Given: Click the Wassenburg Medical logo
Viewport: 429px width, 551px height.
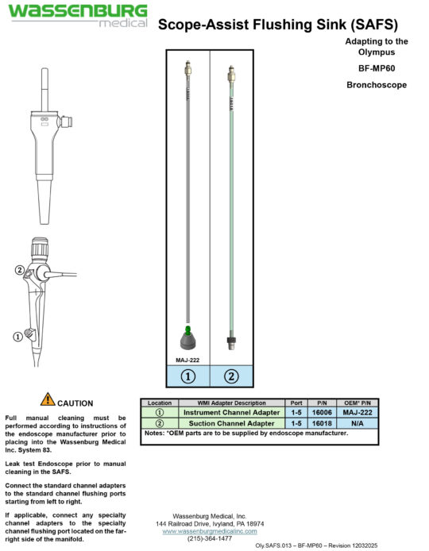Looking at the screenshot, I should point(78,15).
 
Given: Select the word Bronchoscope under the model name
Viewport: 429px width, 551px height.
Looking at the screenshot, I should point(377,84).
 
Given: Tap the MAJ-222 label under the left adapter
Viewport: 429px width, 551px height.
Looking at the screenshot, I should point(187,359).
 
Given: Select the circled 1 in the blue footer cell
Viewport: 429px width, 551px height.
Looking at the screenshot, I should point(188,376).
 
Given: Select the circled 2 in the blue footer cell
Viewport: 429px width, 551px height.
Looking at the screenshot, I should point(231,376).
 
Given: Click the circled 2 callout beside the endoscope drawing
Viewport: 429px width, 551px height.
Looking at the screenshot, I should point(20,270).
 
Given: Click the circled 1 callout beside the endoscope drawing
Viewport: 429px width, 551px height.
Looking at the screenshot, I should point(17,336).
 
